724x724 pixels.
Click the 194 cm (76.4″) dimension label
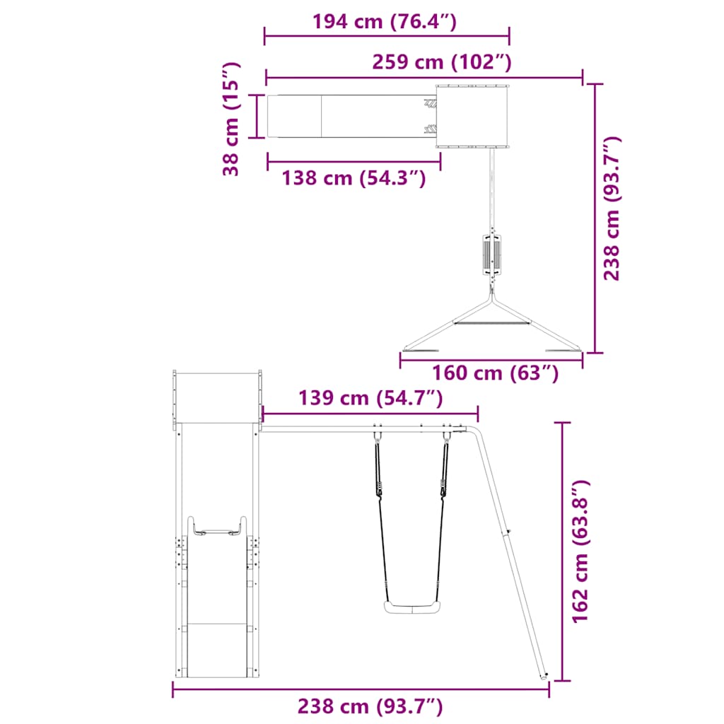point(385,22)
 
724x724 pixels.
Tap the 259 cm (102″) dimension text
point(442,62)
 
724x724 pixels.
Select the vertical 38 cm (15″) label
point(231,119)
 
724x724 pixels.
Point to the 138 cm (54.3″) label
point(354,177)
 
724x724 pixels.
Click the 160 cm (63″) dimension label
point(496,373)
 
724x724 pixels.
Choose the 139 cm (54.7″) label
point(370,398)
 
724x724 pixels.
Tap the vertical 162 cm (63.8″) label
point(580,551)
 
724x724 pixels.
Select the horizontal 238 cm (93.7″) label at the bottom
point(370,706)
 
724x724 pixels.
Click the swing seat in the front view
point(412,607)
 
